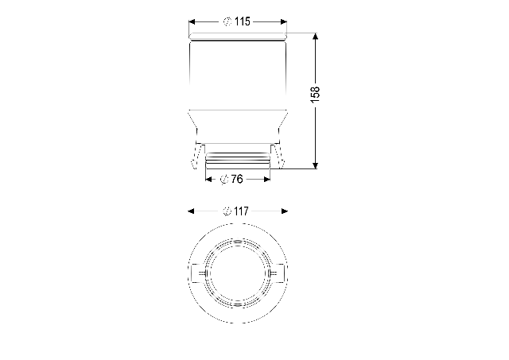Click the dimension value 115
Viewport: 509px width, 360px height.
click(243, 21)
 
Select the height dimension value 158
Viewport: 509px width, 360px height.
click(315, 95)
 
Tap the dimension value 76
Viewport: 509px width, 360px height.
click(237, 179)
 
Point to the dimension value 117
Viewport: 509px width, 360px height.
click(241, 211)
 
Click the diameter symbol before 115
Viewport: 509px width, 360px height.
click(227, 22)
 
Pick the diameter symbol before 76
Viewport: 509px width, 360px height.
click(224, 180)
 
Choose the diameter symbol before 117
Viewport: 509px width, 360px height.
click(227, 211)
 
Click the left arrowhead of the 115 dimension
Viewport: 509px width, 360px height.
click(192, 22)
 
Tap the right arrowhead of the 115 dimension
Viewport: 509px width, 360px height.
click(284, 22)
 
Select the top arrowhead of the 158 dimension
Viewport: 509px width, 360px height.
click(315, 37)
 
